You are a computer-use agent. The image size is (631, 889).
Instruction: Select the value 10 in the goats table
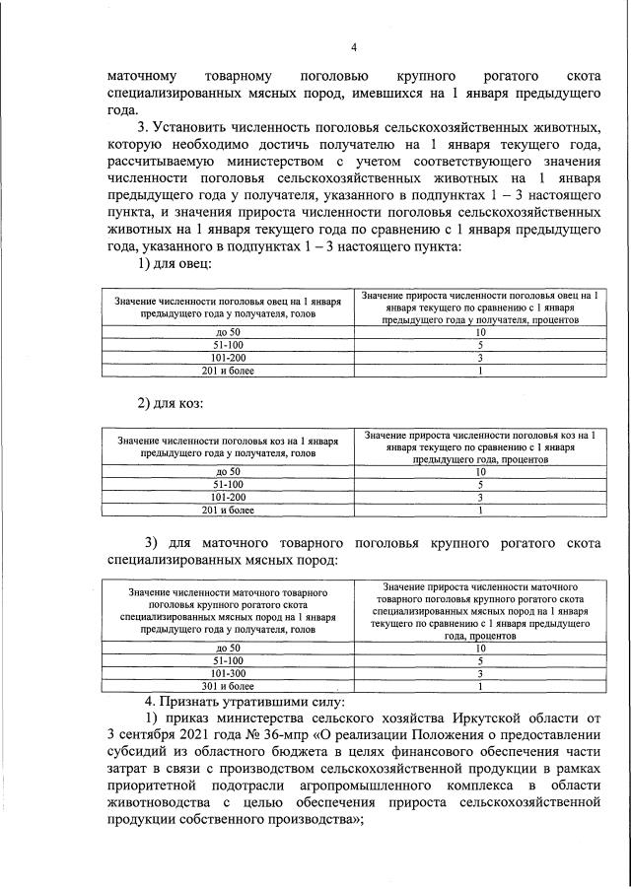pos(480,472)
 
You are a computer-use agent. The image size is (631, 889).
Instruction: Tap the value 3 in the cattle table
pos(480,673)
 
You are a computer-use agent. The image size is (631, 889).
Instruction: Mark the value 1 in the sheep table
pos(480,371)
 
